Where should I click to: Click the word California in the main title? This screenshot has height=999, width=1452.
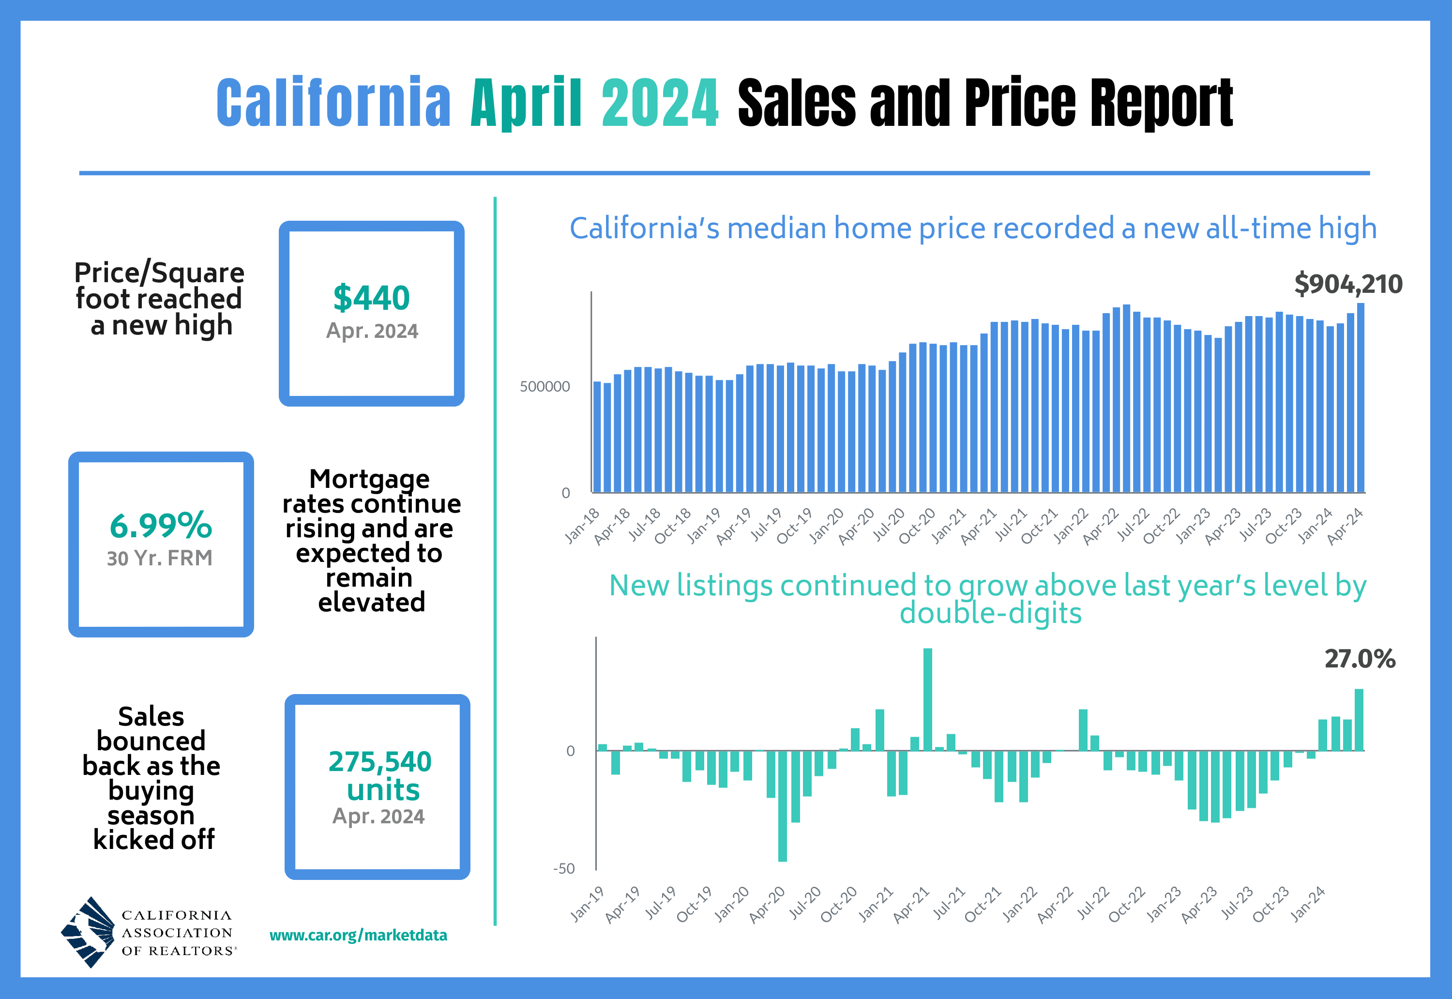pyautogui.click(x=333, y=103)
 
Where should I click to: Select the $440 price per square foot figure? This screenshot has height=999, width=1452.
pyautogui.click(x=371, y=298)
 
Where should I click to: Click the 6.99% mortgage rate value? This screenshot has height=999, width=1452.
pyautogui.click(x=161, y=525)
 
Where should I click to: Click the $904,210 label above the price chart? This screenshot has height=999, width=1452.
pyautogui.click(x=1348, y=284)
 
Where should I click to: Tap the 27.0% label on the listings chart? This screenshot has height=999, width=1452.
pyautogui.click(x=1360, y=659)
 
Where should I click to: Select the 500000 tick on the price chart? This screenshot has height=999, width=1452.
pyautogui.click(x=544, y=387)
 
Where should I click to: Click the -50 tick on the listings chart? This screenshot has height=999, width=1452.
pyautogui.click(x=563, y=869)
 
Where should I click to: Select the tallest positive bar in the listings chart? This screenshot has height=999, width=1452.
pyautogui.click(x=927, y=699)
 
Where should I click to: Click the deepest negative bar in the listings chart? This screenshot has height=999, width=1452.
pyautogui.click(x=782, y=806)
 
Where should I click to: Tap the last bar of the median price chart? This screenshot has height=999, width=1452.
pyautogui.click(x=1361, y=397)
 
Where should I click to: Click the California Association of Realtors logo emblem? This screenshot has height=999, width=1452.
pyautogui.click(x=88, y=932)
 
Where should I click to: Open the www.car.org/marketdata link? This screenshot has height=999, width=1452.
pyautogui.click(x=358, y=935)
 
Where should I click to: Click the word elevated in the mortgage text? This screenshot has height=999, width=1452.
pyautogui.click(x=372, y=602)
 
